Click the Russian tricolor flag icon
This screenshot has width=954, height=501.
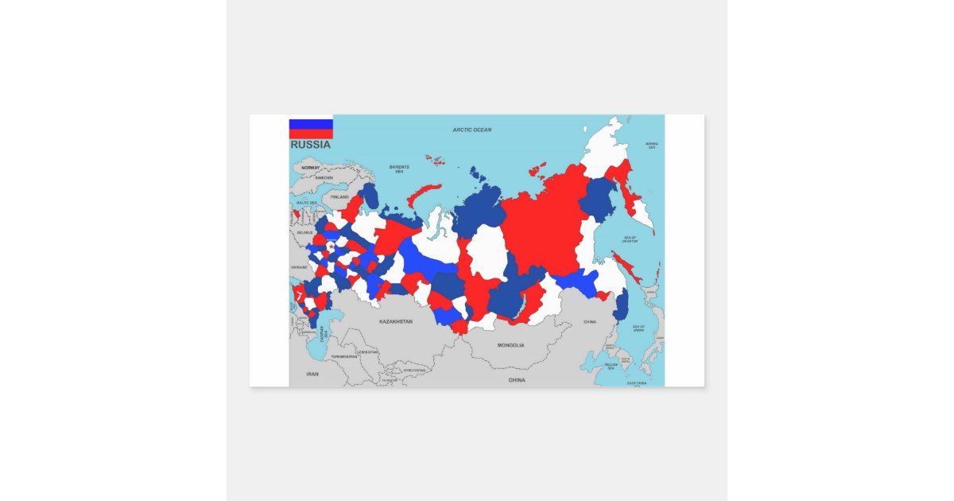click(311, 129)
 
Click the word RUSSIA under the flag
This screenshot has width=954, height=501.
click(310, 146)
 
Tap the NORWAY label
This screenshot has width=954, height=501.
click(310, 168)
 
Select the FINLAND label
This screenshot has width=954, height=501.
click(339, 196)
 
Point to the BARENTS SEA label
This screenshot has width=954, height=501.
click(399, 169)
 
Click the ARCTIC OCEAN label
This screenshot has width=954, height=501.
click(471, 130)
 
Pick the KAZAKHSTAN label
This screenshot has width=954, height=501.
click(395, 321)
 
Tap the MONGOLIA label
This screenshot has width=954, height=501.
click(510, 345)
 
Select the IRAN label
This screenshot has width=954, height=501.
click(312, 373)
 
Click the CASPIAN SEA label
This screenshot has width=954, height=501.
click(323, 335)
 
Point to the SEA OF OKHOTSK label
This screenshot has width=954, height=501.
click(630, 240)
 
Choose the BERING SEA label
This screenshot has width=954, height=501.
click(652, 146)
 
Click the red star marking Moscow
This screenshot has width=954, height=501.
click(330, 247)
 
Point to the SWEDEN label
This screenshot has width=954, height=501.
click(324, 178)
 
